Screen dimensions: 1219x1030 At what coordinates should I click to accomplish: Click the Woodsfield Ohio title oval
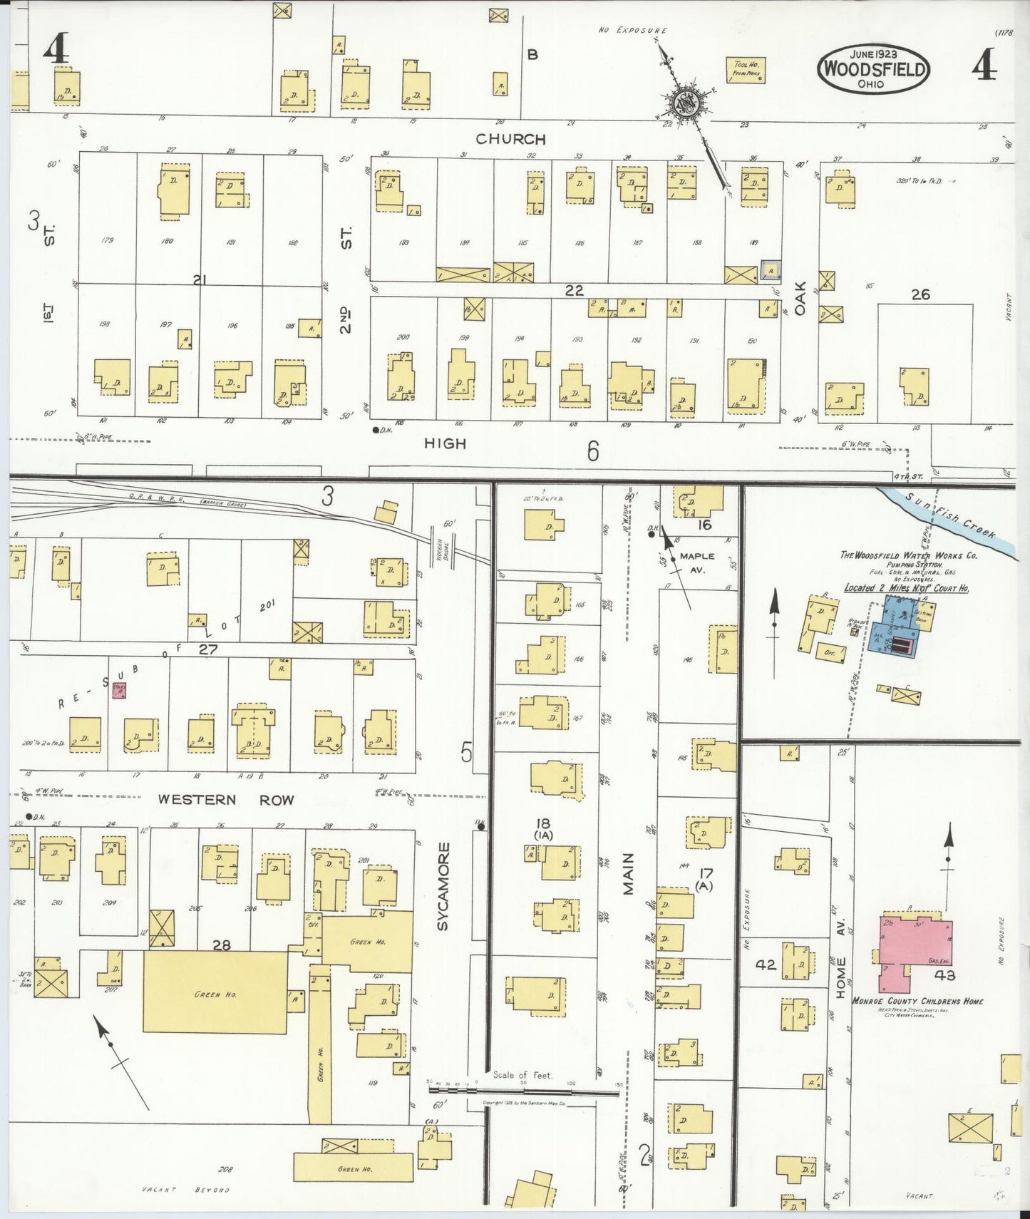pos(873,69)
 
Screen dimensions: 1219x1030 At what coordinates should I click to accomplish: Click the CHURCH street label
pos(510,139)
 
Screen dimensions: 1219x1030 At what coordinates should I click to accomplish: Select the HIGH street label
pos(445,443)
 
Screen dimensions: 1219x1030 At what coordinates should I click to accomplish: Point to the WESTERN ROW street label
pos(226,800)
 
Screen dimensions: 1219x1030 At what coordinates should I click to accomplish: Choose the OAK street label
pos(800,298)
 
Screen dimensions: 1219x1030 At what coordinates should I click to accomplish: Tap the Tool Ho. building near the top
pos(746,69)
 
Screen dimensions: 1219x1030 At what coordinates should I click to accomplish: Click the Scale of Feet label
pos(522,1075)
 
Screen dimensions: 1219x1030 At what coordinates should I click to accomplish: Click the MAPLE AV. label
pos(696,562)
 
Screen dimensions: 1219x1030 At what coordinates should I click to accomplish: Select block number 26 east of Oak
pos(920,294)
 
